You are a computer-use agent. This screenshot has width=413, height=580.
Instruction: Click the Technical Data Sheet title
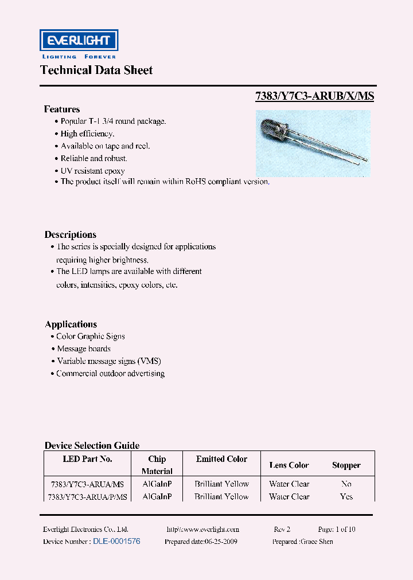point(96,70)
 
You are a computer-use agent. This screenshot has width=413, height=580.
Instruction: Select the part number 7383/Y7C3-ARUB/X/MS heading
point(314,96)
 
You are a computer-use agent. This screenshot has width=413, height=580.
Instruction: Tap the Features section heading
point(62,109)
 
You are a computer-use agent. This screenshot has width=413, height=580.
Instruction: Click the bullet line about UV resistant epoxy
point(92,171)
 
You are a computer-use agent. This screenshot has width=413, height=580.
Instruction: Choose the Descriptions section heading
point(70,234)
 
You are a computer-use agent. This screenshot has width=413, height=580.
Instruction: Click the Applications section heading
point(71,324)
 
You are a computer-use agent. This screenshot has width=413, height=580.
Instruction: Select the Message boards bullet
point(84,348)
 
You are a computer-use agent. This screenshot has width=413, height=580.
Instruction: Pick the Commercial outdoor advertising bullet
point(110,374)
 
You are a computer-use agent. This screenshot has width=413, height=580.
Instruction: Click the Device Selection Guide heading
point(92,445)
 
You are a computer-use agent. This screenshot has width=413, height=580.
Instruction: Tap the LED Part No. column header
point(87,459)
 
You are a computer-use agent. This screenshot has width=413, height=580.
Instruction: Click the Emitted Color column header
point(221,459)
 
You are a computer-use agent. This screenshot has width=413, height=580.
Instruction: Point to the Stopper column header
point(346,465)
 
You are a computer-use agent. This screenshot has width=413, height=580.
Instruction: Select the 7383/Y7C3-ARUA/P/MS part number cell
point(88,497)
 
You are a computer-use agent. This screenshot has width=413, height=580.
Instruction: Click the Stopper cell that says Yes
point(346,497)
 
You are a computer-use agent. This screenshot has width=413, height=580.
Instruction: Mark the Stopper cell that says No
point(346,484)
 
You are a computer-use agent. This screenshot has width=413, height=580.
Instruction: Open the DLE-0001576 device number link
point(116,541)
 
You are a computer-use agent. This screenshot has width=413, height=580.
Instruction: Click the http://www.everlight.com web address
point(202,530)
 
